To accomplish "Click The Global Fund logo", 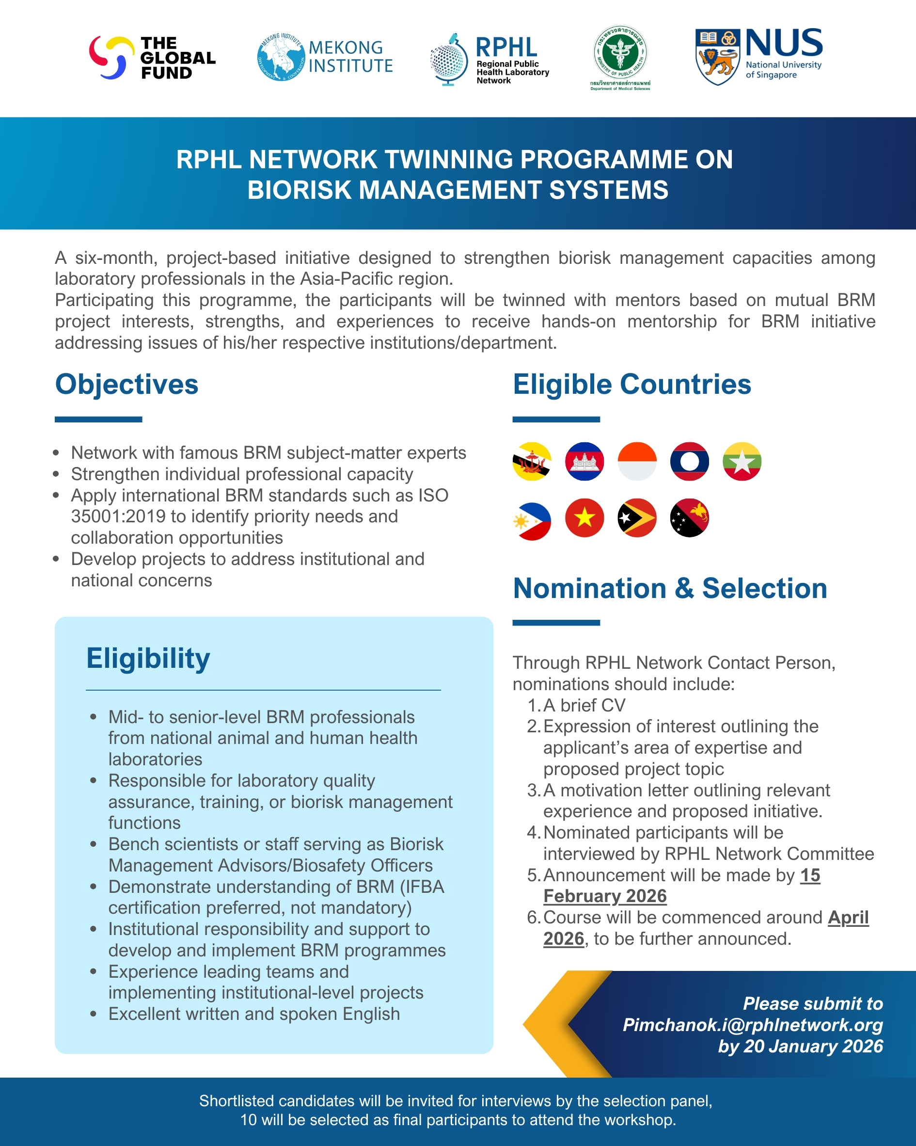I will [152, 58].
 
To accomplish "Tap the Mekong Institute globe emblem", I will [281, 57].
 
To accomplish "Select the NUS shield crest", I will [717, 57].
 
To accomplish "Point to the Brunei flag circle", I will [532, 461].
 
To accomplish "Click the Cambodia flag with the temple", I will [584, 461].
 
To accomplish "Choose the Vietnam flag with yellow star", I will [584, 518].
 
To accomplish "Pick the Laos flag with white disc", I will [690, 461].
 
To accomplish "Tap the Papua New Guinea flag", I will [690, 518].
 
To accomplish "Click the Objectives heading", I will [126, 384].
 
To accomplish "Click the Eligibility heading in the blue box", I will [148, 658].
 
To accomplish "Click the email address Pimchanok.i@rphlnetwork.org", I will [752, 1025].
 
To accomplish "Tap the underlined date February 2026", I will [605, 896].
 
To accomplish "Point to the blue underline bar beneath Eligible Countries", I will [556, 420].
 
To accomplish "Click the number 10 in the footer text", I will [248, 1119].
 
